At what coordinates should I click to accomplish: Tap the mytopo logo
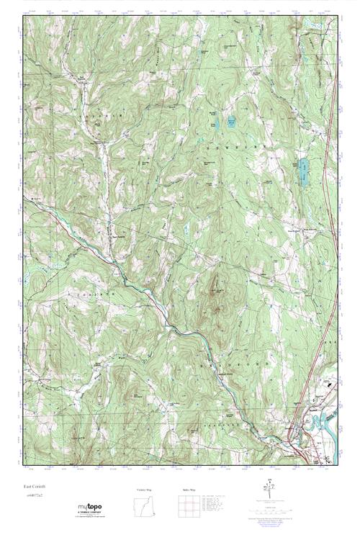coord(89,508)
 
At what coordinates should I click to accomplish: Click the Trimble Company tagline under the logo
coord(89,516)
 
